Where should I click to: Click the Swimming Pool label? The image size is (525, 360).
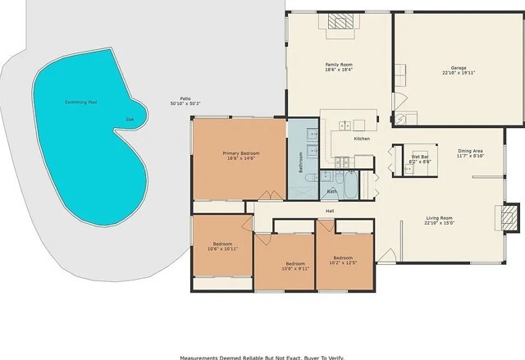pos(80,103)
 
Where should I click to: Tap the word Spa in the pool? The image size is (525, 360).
pos(129,119)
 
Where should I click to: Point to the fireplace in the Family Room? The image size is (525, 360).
pos(339,23)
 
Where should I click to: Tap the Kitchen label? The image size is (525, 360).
pos(362,139)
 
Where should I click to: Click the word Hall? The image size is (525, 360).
pos(330,210)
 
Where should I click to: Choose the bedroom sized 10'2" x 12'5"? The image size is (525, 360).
pos(343,261)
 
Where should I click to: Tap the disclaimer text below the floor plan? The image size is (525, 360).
pos(262,357)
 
